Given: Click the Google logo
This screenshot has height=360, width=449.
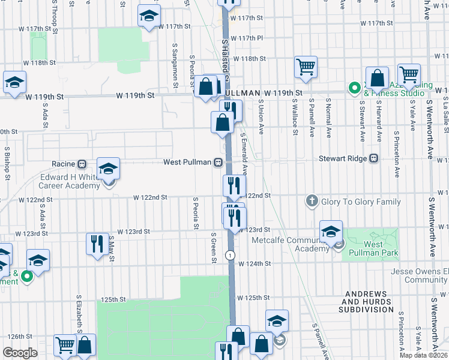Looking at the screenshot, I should click(x=20, y=353).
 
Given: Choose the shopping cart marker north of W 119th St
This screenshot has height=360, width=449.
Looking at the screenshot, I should click(x=306, y=67).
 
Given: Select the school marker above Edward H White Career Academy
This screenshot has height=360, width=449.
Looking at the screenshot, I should click(x=108, y=169).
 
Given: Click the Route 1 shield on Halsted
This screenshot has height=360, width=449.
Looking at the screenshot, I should click(x=229, y=255).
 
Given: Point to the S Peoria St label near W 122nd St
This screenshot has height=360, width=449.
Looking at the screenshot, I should click(x=196, y=213).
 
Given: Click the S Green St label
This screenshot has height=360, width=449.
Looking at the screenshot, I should click(x=213, y=247).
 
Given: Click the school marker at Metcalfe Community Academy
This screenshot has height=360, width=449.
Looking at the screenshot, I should click(x=330, y=232).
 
